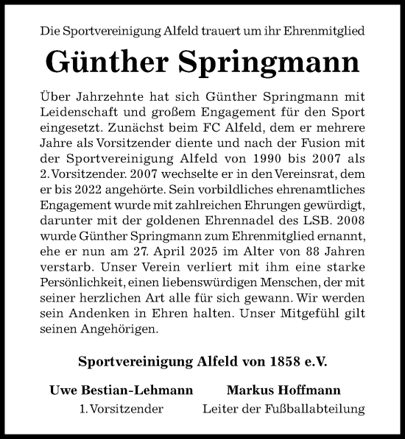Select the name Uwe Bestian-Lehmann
click(x=121, y=389)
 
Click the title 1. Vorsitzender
click(x=121, y=408)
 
